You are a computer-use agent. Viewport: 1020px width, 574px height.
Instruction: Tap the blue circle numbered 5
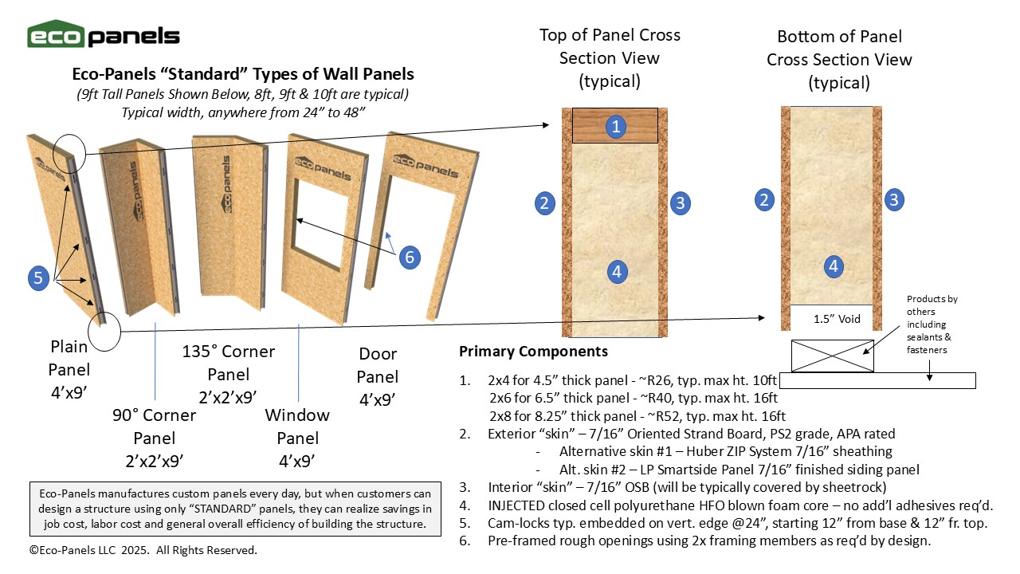click(x=38, y=278)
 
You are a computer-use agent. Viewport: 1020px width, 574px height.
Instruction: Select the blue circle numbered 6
click(x=409, y=257)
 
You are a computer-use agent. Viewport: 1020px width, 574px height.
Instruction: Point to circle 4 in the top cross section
click(x=616, y=272)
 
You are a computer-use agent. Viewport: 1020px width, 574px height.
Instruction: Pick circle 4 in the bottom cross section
click(x=833, y=266)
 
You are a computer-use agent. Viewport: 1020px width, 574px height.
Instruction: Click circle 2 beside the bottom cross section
click(x=764, y=199)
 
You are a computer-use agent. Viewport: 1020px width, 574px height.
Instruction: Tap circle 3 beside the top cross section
click(x=679, y=202)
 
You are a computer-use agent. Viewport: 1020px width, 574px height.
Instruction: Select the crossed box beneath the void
click(x=832, y=356)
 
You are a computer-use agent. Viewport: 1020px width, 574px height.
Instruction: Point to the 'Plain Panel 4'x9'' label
click(x=69, y=370)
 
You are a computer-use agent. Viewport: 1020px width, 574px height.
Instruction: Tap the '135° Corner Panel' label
click(x=229, y=374)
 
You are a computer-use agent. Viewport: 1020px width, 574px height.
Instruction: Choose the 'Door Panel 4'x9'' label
click(x=377, y=375)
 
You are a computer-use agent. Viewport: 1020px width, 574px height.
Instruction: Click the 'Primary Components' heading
click(x=533, y=352)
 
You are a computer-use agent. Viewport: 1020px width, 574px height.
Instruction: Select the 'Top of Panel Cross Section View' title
click(x=610, y=57)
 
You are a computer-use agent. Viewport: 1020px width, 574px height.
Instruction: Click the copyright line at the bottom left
click(x=143, y=550)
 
